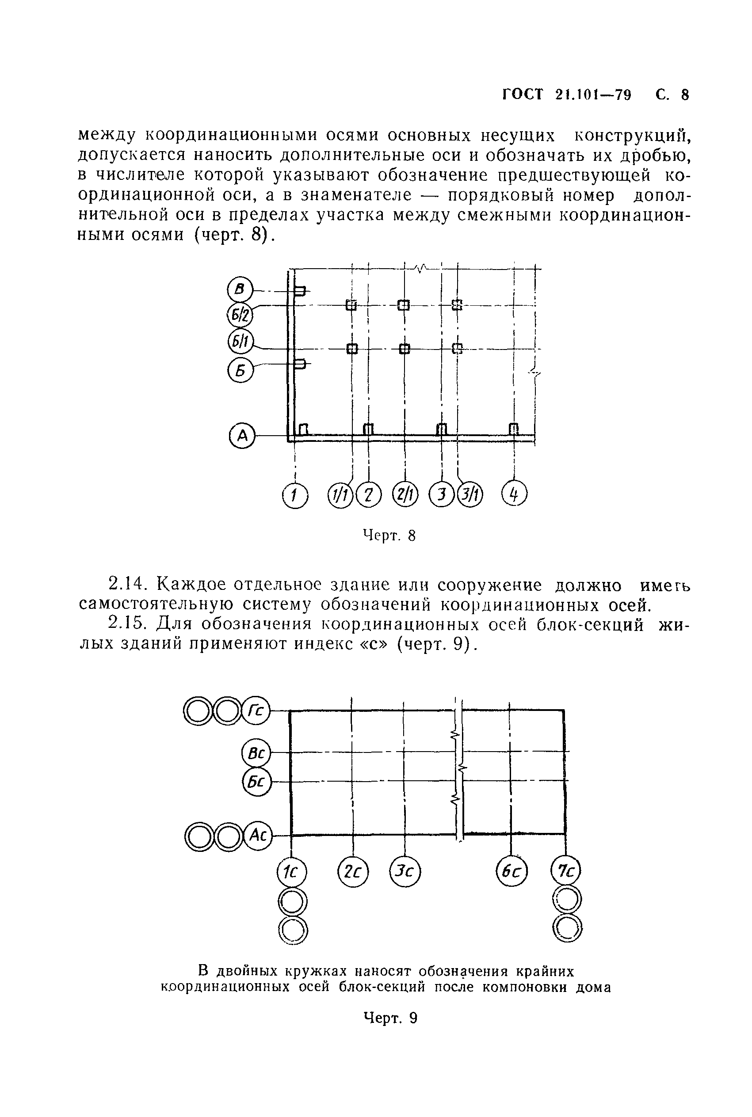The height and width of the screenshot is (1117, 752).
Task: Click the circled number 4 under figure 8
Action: coord(514,494)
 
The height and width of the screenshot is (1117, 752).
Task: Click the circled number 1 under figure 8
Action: coord(295,495)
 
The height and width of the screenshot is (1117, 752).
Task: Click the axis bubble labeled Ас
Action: coord(258,836)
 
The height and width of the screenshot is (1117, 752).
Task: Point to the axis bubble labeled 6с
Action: coord(511,872)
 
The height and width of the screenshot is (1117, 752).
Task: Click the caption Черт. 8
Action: coord(389,535)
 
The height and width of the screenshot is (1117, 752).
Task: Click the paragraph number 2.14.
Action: coord(126,585)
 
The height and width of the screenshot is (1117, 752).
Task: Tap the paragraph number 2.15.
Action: coord(126,624)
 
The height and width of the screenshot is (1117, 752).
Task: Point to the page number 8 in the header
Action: coord(685,95)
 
